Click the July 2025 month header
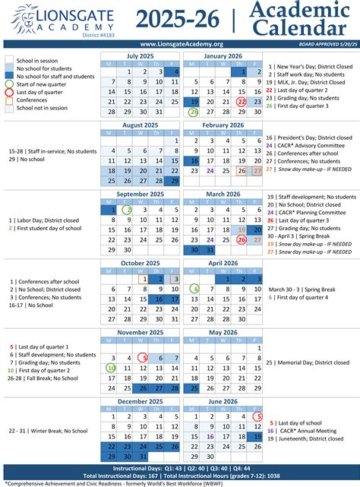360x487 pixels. pos(141,55)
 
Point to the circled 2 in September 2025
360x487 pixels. pos(128,210)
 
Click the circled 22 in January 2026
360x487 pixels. pos(242,102)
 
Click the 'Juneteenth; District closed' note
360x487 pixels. pos(307,440)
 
